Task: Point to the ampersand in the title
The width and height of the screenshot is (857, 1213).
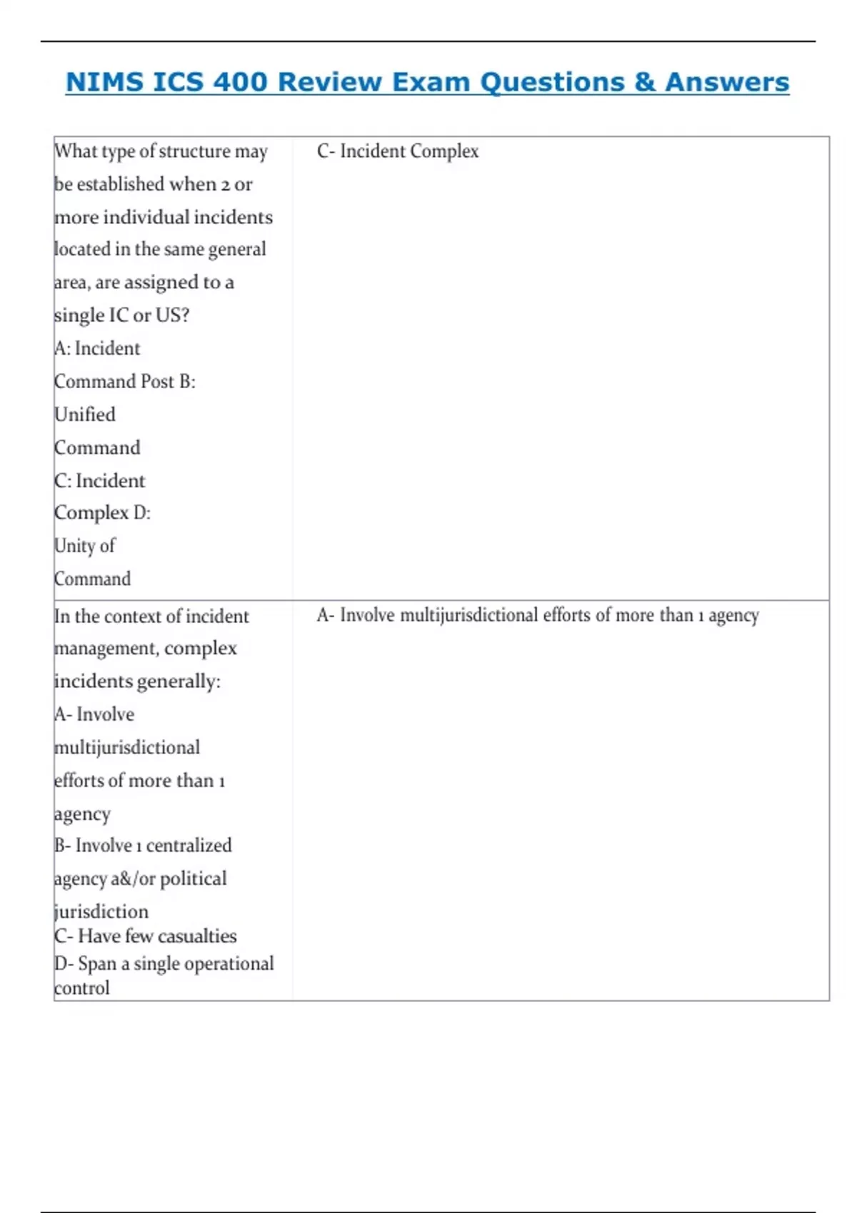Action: (643, 82)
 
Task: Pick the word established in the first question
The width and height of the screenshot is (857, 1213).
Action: (121, 184)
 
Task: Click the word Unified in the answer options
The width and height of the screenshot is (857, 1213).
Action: (85, 414)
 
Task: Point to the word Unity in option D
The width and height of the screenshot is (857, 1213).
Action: (74, 546)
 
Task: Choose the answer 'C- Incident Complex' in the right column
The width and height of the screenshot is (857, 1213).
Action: (398, 151)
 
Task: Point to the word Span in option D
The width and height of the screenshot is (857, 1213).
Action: (96, 963)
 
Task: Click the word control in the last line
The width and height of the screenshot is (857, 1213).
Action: (82, 988)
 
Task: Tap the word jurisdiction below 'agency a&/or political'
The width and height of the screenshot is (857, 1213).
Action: (101, 912)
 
